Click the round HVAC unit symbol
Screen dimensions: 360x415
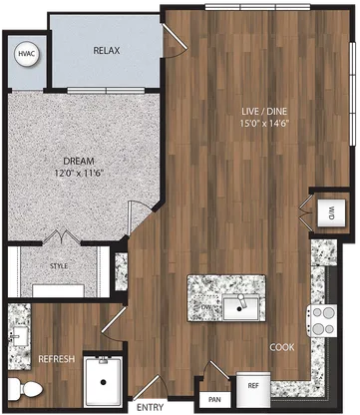click(x=27, y=54)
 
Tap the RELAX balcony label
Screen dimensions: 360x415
click(x=107, y=51)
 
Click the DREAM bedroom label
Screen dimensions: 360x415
click(x=79, y=162)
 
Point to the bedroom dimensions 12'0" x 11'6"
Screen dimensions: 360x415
click(x=79, y=174)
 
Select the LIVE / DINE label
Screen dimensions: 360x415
click(x=264, y=111)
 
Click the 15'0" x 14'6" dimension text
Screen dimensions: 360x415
click(x=264, y=124)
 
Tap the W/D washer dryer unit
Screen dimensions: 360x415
click(x=330, y=212)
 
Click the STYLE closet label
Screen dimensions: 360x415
click(x=59, y=266)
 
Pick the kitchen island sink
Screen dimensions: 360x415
click(x=240, y=307)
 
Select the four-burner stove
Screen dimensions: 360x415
click(x=323, y=321)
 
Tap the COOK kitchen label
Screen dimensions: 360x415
click(x=282, y=347)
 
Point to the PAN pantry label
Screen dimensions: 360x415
click(x=215, y=400)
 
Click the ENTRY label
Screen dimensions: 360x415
click(x=151, y=407)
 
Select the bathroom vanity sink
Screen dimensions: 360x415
click(x=19, y=336)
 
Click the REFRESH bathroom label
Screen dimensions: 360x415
click(x=57, y=359)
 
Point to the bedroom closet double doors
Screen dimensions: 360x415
click(x=62, y=236)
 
